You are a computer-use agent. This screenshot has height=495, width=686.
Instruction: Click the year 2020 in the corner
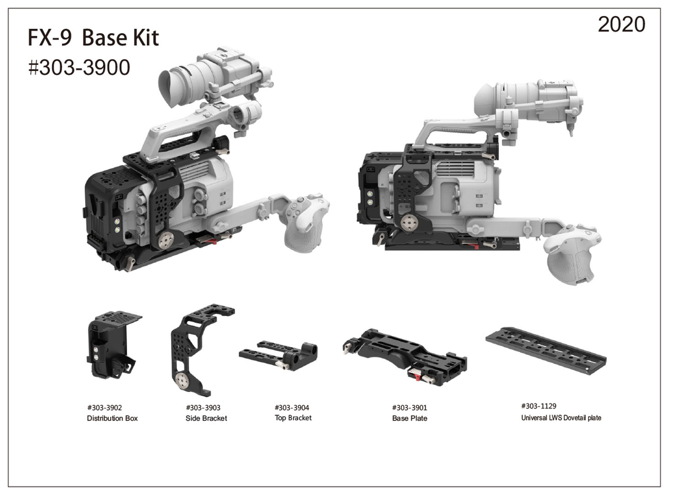point(622,25)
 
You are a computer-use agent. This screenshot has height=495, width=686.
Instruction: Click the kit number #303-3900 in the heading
point(79,67)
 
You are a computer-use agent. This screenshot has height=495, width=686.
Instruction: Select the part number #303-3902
point(104,408)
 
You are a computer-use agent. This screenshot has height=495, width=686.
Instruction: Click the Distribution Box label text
point(112,418)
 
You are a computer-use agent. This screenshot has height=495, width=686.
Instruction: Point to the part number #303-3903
point(203,408)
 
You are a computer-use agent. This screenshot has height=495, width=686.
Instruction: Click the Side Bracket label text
point(206,418)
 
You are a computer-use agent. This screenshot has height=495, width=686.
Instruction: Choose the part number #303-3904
point(292,408)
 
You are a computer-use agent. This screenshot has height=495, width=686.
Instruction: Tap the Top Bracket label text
point(293,418)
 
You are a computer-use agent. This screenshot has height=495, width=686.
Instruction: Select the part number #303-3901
point(409,408)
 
